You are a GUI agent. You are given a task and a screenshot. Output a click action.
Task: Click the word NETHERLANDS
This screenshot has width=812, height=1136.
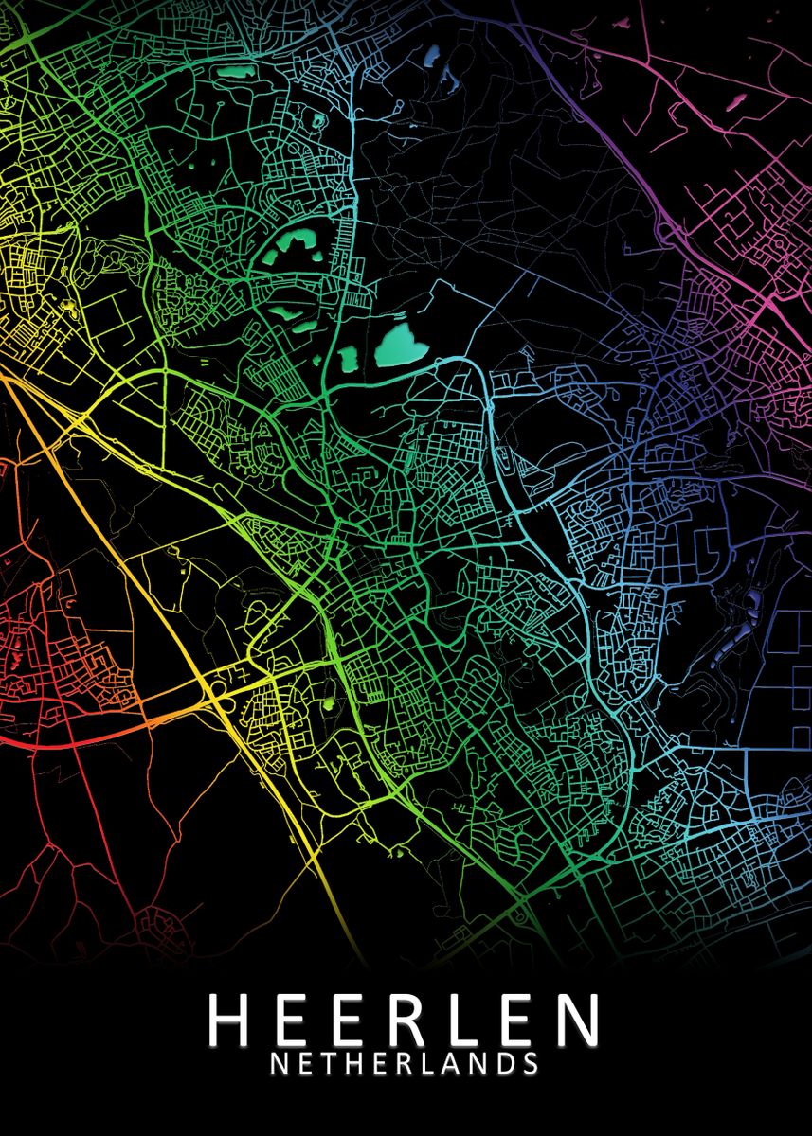click(405, 1063)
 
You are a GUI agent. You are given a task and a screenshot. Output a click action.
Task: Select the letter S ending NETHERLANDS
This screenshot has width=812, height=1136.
click(531, 1063)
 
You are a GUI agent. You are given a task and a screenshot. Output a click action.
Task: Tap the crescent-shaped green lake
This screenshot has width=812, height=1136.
click(291, 248)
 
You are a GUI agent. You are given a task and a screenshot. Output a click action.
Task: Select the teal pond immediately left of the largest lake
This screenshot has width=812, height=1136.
click(348, 358)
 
